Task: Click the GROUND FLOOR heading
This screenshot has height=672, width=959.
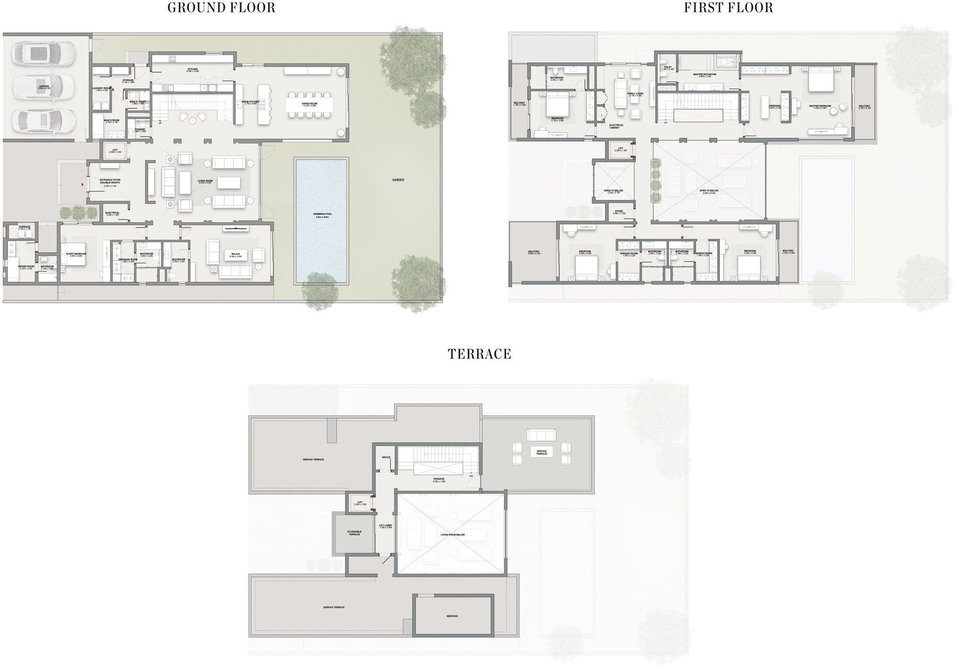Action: coord(221,8)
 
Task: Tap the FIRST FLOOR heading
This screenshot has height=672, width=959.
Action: coord(728,8)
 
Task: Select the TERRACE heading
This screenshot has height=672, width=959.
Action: coord(479,354)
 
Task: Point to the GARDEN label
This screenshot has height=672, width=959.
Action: coord(398,180)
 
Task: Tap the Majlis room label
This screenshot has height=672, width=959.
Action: coord(235,255)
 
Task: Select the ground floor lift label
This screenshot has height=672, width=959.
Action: coord(115,151)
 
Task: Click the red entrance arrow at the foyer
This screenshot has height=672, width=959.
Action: coord(82,184)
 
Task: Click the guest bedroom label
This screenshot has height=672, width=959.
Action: coord(76,255)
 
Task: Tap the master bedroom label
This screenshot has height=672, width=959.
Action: coord(820,107)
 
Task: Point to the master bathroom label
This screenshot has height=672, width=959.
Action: coord(704,75)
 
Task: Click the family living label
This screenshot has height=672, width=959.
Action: coord(635,94)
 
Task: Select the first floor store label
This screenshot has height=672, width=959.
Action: coord(619,212)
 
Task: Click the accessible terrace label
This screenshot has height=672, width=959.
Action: coord(354,533)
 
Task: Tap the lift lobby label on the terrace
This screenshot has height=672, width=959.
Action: coord(386,526)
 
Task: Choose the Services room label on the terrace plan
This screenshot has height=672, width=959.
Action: coord(452,616)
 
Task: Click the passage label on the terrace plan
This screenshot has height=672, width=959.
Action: coord(439,480)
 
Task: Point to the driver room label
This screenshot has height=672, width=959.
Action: coord(26,267)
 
